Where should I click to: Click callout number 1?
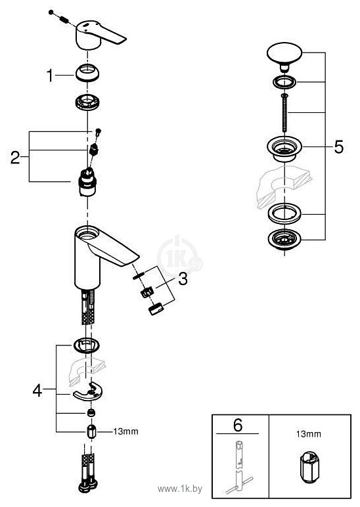tap(49, 76)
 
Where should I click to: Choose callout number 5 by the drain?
tap(338, 147)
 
